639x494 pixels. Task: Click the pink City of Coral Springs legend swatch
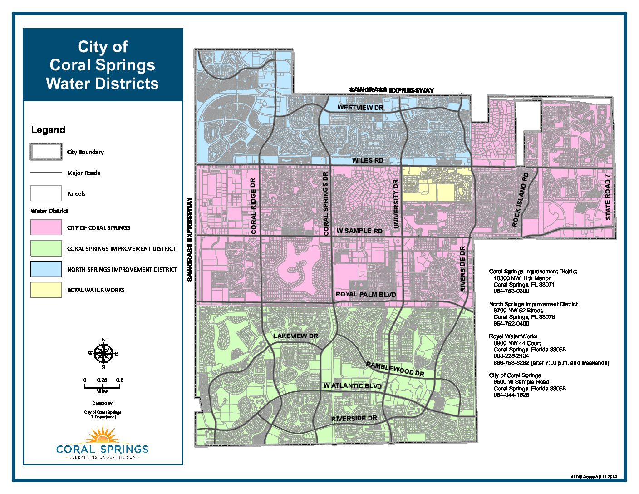[x=46, y=227]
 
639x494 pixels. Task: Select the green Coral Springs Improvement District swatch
[x=46, y=248]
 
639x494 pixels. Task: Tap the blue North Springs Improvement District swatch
[x=46, y=269]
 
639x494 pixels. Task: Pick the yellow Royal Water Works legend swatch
[x=46, y=290]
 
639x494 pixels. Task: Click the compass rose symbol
[x=103, y=353]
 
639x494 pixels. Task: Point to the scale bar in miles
[x=102, y=386]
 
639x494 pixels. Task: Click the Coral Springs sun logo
[x=103, y=436]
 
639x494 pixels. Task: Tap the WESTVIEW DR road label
[x=360, y=108]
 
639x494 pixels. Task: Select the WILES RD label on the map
[x=368, y=160]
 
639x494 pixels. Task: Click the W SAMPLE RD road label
[x=359, y=231]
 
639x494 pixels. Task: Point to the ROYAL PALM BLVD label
[x=366, y=295]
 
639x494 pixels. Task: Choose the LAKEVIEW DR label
[x=295, y=336]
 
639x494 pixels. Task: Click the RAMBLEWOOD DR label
[x=395, y=369]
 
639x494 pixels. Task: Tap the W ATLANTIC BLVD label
[x=352, y=386]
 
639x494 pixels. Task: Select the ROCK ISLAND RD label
[x=520, y=199]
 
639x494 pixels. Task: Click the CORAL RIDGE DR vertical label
[x=253, y=206]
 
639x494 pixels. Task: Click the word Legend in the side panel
[x=48, y=130]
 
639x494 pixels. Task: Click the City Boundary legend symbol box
[x=46, y=152]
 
